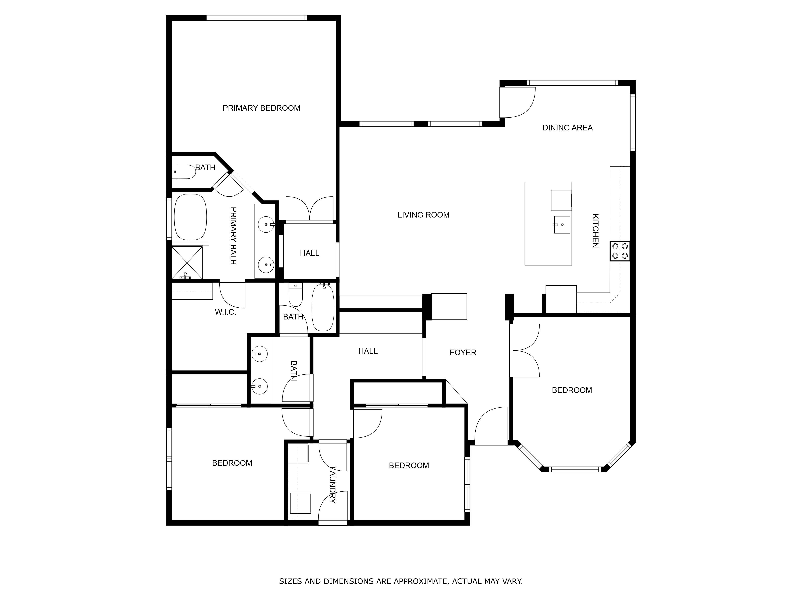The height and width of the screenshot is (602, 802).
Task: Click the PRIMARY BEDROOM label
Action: click(x=261, y=108)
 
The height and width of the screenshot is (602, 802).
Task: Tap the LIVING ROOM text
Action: click(x=423, y=215)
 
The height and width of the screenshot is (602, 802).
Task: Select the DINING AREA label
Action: click(x=567, y=128)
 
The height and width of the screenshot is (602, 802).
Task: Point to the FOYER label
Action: click(x=463, y=352)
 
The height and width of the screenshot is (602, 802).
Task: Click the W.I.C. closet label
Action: click(x=226, y=312)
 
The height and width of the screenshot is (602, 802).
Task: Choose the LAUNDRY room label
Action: click(x=332, y=485)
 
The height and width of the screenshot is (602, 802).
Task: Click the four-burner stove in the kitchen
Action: click(x=620, y=251)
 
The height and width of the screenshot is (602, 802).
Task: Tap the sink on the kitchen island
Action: click(x=562, y=225)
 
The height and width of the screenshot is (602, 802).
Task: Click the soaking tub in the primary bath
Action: click(x=190, y=217)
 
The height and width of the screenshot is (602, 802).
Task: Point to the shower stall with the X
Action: click(x=187, y=262)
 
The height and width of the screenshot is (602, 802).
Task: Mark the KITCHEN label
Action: click(x=595, y=231)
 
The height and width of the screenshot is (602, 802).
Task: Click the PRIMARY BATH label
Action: click(x=234, y=236)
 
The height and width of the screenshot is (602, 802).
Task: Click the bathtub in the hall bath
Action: click(x=323, y=308)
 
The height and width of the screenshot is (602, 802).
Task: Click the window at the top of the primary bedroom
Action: click(x=257, y=18)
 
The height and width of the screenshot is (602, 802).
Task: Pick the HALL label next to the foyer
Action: click(x=368, y=351)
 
